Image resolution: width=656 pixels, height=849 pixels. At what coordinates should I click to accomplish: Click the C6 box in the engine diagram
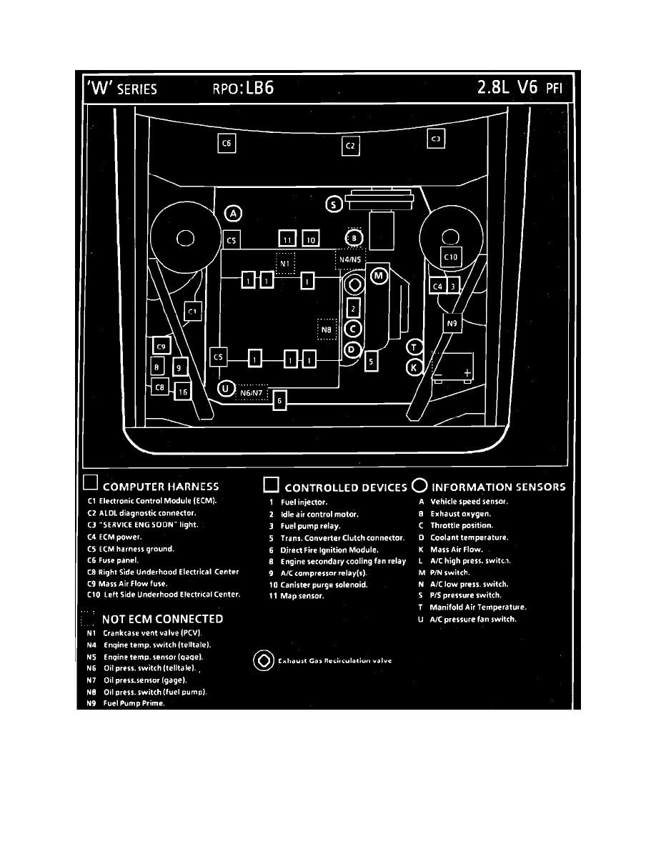click(227, 144)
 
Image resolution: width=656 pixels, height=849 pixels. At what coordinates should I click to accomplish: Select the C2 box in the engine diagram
click(350, 147)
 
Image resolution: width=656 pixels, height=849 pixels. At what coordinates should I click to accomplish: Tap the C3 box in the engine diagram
click(436, 138)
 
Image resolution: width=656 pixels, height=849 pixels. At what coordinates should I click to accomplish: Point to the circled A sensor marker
click(234, 213)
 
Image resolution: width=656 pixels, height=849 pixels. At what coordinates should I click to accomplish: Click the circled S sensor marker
click(334, 204)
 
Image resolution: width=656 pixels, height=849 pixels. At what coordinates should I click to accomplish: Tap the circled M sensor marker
click(379, 275)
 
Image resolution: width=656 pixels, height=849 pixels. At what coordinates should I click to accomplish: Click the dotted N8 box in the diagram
click(326, 329)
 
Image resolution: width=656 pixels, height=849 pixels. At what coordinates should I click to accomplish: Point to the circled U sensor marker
click(226, 389)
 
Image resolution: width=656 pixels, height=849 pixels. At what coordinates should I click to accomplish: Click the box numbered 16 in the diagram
click(183, 392)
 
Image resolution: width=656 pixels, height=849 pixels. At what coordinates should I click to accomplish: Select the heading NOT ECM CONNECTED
click(162, 619)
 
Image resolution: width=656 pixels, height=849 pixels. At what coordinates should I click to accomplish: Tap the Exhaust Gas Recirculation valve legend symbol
click(263, 660)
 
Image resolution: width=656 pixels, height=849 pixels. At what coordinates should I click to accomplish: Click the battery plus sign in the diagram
click(467, 373)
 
